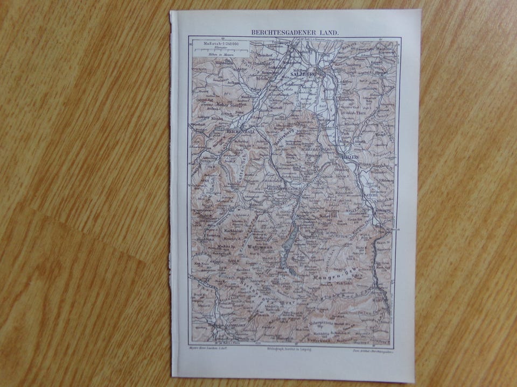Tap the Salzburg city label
click(x=303, y=74)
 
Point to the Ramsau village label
click(x=255, y=205)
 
